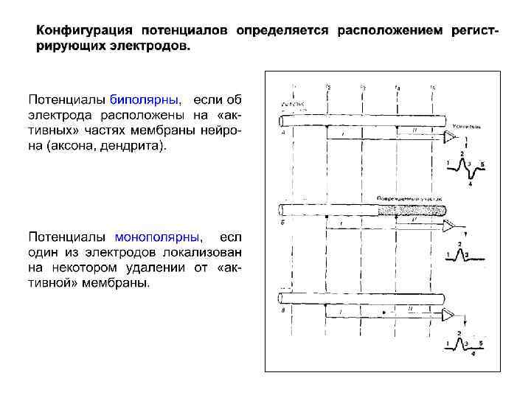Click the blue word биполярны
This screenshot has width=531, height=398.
click(x=144, y=99)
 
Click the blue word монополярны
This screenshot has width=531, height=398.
click(x=158, y=237)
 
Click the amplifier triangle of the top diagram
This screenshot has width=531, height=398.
click(x=450, y=137)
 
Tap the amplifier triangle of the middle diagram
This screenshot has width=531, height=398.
click(x=450, y=227)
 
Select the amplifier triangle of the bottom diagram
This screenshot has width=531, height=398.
click(x=450, y=316)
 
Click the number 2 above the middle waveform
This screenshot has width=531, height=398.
click(x=460, y=244)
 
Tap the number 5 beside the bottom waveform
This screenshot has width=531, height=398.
click(x=481, y=343)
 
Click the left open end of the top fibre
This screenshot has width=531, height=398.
click(x=281, y=120)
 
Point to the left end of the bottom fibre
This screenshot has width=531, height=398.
click(x=281, y=298)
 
